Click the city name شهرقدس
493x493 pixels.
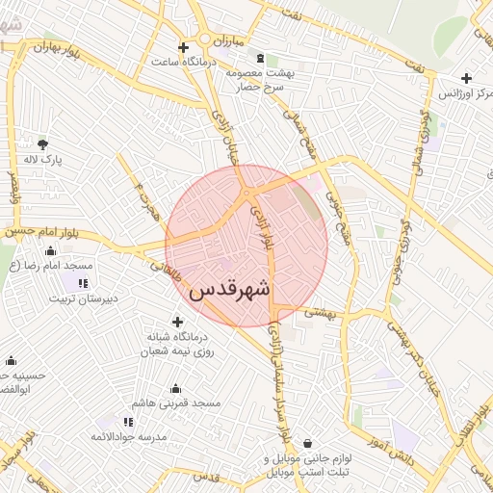231,289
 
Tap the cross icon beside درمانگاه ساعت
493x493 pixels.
183,47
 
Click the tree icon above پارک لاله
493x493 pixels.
42,143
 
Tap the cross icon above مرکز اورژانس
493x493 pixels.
466,78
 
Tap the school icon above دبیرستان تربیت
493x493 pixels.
83,283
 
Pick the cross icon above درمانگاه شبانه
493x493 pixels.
176,322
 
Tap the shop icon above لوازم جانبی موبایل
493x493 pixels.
306,444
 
